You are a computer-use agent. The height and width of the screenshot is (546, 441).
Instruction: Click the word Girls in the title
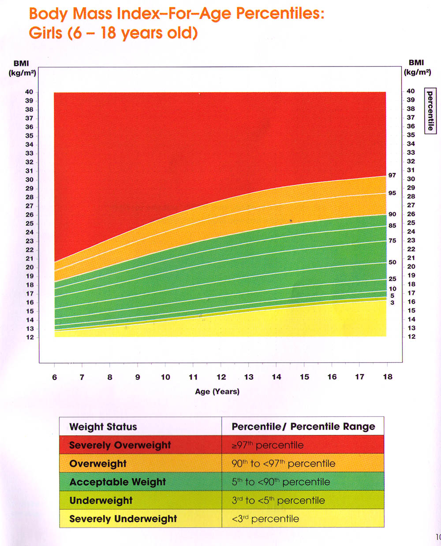coord(46,33)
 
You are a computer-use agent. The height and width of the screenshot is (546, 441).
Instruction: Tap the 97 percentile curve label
coord(392,175)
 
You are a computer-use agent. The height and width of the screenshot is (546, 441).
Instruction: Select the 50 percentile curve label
coord(392,262)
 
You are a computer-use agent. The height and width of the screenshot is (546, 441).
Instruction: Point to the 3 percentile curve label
coord(392,303)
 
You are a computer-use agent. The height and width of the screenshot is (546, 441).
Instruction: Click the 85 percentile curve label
coord(392,226)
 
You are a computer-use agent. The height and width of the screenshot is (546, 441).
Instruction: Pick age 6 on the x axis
coord(54,377)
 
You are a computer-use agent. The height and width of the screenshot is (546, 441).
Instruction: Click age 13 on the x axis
coord(249,377)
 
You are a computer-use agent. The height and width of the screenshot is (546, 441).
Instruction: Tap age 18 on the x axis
coord(387,377)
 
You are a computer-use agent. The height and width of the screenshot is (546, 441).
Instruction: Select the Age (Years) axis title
coord(217,391)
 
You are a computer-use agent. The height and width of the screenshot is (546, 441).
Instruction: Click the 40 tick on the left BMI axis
coord(29,92)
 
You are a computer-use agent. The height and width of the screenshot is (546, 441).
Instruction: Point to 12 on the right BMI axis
coord(411,337)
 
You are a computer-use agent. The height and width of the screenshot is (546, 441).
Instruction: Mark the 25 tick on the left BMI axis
coord(29,223)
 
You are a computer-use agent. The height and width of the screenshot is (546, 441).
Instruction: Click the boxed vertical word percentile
coord(430,111)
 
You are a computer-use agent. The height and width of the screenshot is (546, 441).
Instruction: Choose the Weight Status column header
coord(103,427)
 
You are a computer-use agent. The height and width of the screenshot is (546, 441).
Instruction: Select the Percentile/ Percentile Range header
coord(303,427)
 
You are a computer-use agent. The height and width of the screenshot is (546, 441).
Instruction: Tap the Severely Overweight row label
coord(120,445)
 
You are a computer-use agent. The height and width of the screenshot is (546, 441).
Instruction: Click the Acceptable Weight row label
coord(117,482)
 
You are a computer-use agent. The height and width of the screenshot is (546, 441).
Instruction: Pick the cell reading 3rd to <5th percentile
coord(278,501)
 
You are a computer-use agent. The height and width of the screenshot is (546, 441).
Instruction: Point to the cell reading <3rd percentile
coord(265,519)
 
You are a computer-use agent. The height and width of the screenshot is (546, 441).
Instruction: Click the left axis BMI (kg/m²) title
coord(22,68)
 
